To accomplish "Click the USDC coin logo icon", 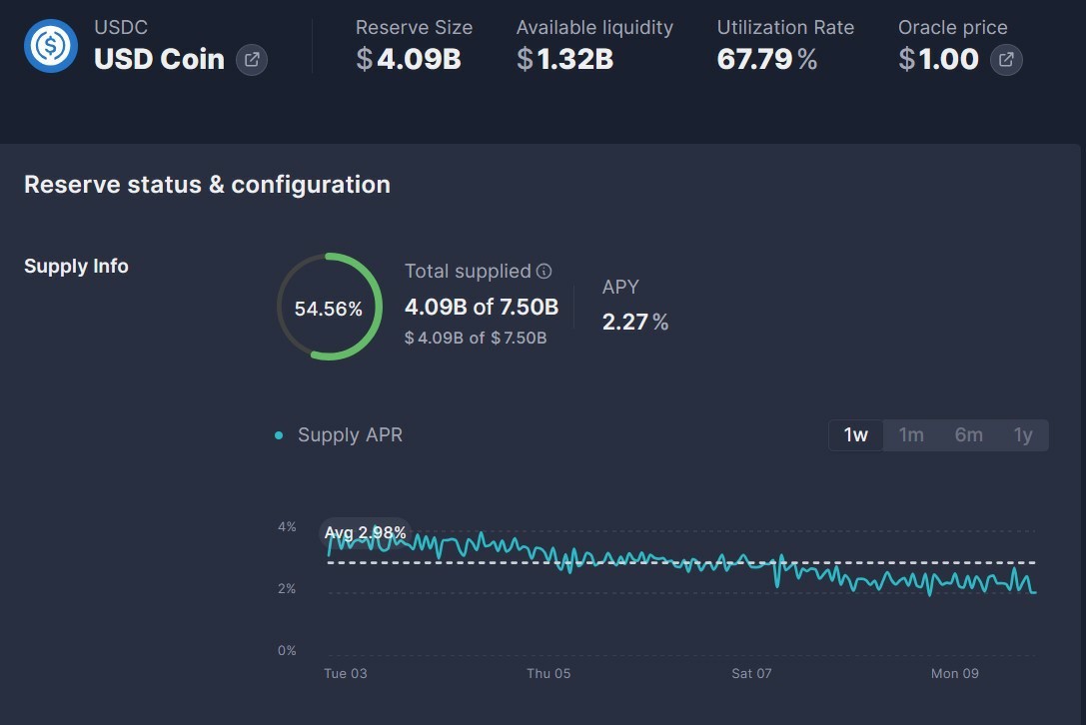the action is pyautogui.click(x=51, y=46).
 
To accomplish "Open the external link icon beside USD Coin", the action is pyautogui.click(x=252, y=60).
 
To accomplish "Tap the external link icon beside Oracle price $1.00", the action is pyautogui.click(x=1006, y=60).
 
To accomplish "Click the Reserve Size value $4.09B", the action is pyautogui.click(x=409, y=59).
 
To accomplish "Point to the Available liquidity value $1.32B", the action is pyautogui.click(x=565, y=59).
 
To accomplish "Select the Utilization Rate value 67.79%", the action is pyautogui.click(x=767, y=59).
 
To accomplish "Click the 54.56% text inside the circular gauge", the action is pyautogui.click(x=329, y=309).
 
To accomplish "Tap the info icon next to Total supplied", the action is pyautogui.click(x=544, y=271).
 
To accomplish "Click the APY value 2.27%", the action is pyautogui.click(x=635, y=322).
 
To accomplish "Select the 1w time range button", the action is pyautogui.click(x=856, y=434).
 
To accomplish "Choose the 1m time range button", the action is pyautogui.click(x=911, y=434).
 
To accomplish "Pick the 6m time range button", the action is pyautogui.click(x=968, y=434).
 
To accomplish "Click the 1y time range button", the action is pyautogui.click(x=1023, y=434).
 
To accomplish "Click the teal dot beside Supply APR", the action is pyautogui.click(x=279, y=435).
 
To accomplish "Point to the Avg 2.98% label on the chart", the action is pyautogui.click(x=365, y=532).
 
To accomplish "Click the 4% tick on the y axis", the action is pyautogui.click(x=287, y=527).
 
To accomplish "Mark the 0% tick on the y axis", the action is pyautogui.click(x=287, y=650).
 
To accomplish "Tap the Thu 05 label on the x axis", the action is pyautogui.click(x=548, y=673).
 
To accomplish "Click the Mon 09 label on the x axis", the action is pyautogui.click(x=954, y=673).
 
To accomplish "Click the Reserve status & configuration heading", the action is pyautogui.click(x=207, y=184).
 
